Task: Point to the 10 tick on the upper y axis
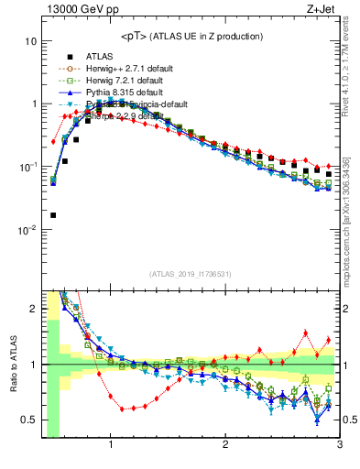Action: [x=30, y=41]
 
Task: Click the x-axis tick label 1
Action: [x=111, y=446]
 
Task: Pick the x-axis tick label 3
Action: [x=339, y=446]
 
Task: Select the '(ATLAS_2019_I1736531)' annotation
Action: [x=191, y=274]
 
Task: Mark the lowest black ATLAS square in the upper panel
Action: [x=53, y=215]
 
